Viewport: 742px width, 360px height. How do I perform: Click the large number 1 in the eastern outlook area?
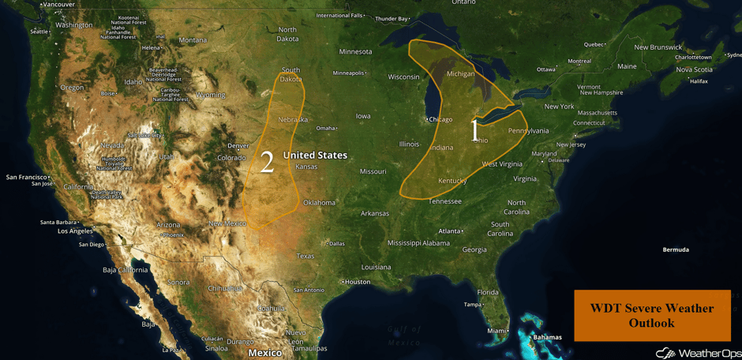coord(474,130)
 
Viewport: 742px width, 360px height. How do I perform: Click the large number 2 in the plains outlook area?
coord(267,163)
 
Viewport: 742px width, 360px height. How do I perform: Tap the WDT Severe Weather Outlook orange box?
coord(652,315)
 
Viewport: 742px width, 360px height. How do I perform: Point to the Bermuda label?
coord(676,249)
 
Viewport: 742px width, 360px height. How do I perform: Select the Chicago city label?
coord(440,119)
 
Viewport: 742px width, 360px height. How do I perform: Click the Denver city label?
coord(238,146)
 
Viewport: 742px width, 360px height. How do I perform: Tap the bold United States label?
coord(315,156)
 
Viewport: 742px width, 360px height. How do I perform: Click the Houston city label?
coord(357,282)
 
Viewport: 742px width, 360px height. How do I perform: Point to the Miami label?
coord(497,330)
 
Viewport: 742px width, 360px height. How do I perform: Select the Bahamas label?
coord(547,338)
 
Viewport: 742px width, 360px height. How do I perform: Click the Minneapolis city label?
coord(348,73)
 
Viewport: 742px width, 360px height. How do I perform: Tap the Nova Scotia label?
coord(694,69)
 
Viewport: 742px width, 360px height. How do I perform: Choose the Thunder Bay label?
coord(392,18)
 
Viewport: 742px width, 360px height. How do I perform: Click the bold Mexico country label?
coord(265,353)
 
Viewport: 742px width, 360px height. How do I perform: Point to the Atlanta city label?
coord(450,231)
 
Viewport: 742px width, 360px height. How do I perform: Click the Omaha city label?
coord(325,128)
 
